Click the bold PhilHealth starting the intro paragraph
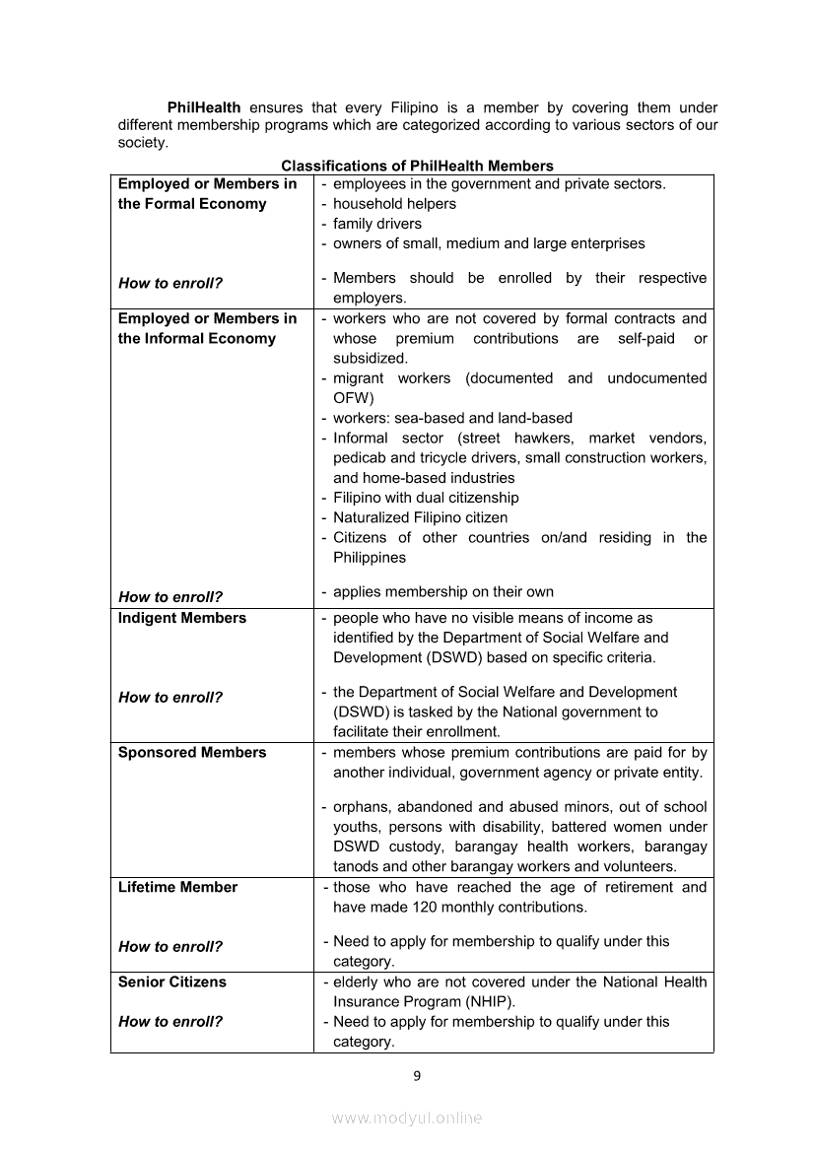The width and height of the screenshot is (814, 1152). pos(204,107)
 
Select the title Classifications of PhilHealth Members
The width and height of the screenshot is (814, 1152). pos(417,167)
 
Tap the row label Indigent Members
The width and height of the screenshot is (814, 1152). pos(182,618)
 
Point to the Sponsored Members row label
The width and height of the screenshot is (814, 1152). pos(192,752)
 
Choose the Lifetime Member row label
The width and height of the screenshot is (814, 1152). pos(177,887)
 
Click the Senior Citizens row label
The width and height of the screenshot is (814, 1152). pos(171,982)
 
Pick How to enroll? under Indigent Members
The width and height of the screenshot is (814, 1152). pos(170,697)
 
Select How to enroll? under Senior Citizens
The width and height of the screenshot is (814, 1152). pos(170,1021)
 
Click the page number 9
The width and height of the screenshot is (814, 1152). pos(417,1075)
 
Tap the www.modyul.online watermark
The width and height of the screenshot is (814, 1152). pos(407,1118)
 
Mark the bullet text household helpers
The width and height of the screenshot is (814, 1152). pos(394,204)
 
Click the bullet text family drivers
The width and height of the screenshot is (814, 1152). pos(377,224)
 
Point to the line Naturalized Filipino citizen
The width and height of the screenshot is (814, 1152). pos(420,517)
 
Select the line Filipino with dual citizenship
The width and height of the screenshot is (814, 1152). pos(426,498)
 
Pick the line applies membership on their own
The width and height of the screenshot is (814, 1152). pos(443,592)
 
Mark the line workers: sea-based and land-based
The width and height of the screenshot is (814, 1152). pos(452,418)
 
